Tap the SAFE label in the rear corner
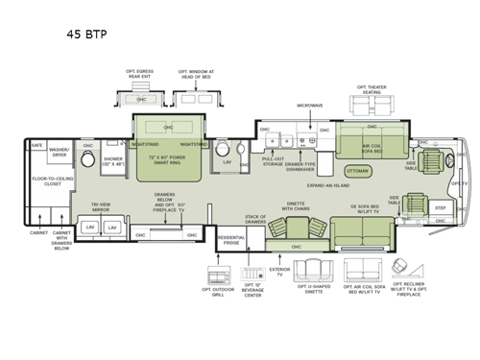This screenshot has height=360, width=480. pos(36,146)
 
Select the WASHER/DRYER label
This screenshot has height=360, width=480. pos(60,151)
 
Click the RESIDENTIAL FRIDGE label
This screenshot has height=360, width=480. pos(231,239)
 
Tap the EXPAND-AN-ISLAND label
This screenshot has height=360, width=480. pos(325,182)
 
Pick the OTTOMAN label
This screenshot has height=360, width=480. pos(355,171)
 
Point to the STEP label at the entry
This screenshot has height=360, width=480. pos(441,207)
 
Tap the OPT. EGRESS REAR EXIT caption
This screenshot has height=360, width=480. pos(139,73)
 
